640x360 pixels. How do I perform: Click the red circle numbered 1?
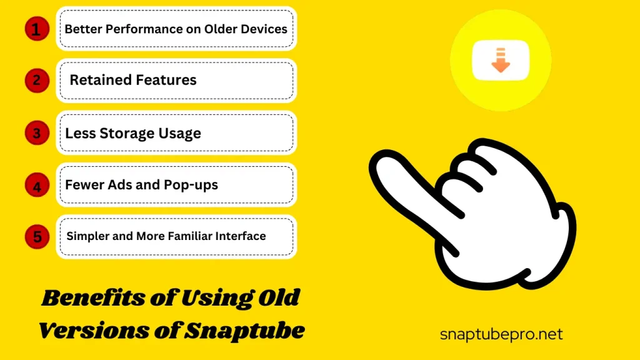[37, 29]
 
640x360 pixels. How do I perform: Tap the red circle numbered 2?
[37, 81]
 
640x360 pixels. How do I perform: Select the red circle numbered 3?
[37, 132]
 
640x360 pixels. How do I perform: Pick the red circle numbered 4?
[37, 185]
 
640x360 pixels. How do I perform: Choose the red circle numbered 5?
[37, 237]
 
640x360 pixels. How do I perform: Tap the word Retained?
[99, 80]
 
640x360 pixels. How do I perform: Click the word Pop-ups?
[191, 185]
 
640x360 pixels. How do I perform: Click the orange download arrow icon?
[501, 60]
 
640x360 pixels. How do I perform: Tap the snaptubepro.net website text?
[501, 335]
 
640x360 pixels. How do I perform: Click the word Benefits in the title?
[94, 297]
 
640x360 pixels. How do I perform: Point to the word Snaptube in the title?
[244, 330]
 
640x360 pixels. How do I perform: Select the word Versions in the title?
[93, 330]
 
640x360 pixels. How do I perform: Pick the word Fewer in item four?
[84, 185]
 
